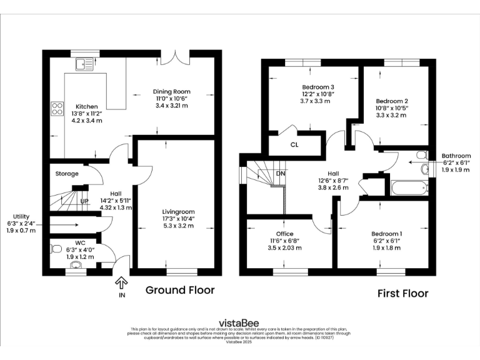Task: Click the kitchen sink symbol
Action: point(83,63)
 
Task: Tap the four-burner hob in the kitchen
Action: point(57,109)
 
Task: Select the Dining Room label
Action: point(171,91)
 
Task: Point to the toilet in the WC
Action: point(57,249)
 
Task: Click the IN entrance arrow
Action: point(122,286)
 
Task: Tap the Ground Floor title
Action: point(180,290)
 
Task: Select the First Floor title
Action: point(402,293)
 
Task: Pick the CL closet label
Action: point(294,145)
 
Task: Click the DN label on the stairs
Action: point(281,174)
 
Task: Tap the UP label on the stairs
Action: point(84,202)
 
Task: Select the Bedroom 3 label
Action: point(318,87)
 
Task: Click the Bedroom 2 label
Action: point(392,101)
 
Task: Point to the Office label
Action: point(281,234)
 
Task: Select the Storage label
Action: point(67,173)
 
